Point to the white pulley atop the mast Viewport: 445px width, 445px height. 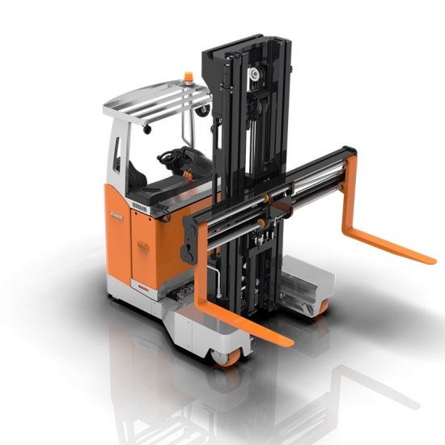(x=255, y=74)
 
